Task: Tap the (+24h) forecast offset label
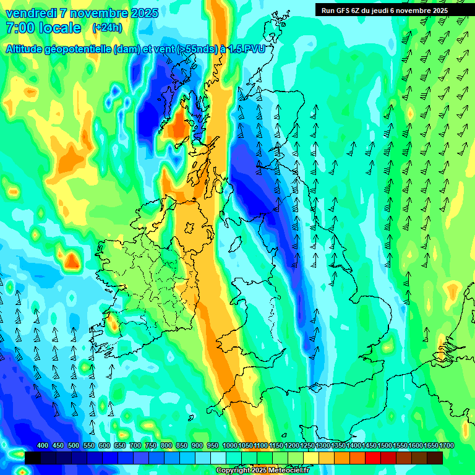click(x=107, y=28)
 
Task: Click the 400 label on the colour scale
click(x=43, y=446)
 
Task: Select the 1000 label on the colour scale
click(x=229, y=446)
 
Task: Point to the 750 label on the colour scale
click(x=151, y=446)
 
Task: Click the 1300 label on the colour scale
click(x=323, y=446)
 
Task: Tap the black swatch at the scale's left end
click(x=33, y=458)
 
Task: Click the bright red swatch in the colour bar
click(x=373, y=458)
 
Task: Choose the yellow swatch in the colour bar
click(x=311, y=458)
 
